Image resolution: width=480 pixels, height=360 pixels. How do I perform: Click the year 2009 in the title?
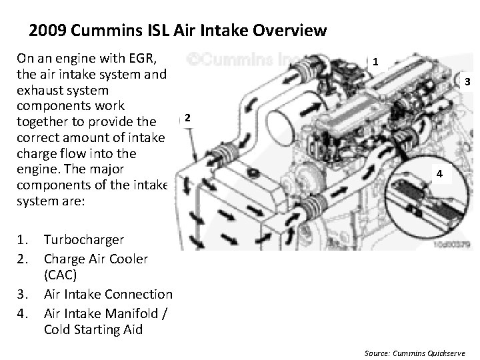coord(47,30)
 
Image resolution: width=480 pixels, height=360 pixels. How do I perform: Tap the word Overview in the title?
coord(289,30)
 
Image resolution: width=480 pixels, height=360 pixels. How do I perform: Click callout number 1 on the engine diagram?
coord(375,62)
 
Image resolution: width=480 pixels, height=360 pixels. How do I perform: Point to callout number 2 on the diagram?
coord(187,117)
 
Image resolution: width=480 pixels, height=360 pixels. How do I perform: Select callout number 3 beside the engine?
coord(467,81)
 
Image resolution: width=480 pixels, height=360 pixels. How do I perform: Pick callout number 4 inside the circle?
coord(439,174)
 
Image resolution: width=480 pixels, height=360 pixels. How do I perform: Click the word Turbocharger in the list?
coord(84,240)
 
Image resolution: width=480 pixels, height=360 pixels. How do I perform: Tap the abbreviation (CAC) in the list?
coord(60,275)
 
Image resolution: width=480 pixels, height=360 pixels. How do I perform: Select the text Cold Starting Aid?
coord(93,330)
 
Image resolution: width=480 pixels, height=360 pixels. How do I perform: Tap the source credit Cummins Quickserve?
coord(429,353)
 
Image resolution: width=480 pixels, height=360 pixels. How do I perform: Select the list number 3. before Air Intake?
coord(23,294)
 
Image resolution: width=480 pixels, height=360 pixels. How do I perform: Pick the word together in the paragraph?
coord(42,122)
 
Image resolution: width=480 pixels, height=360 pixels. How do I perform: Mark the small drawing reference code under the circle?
coord(451,244)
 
